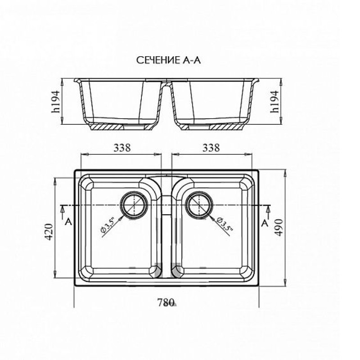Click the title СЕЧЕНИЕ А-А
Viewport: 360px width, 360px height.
click(168, 60)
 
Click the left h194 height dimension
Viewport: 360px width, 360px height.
click(55, 102)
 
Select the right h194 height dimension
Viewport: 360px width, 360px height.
click(274, 102)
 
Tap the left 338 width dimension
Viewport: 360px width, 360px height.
click(122, 148)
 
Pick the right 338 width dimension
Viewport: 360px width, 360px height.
click(211, 148)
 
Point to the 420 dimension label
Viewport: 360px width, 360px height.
click(49, 232)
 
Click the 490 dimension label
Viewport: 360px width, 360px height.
click(279, 227)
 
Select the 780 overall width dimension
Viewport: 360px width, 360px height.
click(166, 302)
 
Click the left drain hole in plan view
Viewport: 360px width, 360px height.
click(134, 204)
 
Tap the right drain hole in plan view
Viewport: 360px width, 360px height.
click(199, 204)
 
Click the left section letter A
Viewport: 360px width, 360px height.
click(68, 222)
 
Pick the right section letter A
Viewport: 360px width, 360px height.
click(265, 223)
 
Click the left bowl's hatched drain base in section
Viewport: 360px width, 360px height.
click(121, 127)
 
